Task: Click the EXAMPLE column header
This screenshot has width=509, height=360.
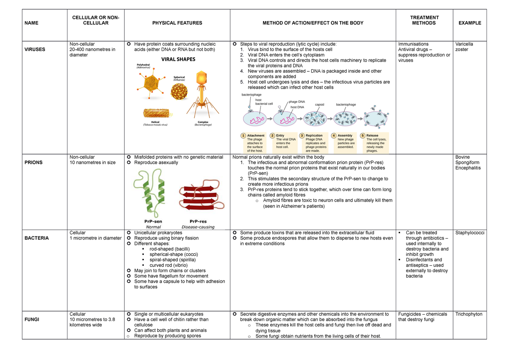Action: [470, 23]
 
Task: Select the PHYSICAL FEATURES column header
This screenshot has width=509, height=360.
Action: [177, 23]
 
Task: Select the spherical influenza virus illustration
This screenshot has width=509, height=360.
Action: [179, 91]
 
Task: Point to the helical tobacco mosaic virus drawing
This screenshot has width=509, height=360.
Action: [157, 113]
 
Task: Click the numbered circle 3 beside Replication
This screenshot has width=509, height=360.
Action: [302, 135]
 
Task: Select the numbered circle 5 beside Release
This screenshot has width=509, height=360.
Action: [363, 135]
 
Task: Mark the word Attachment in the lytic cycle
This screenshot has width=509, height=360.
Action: [256, 135]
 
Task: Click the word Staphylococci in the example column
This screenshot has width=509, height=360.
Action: [470, 233]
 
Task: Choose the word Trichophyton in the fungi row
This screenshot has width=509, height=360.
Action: [469, 314]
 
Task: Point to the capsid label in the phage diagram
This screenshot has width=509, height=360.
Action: [319, 104]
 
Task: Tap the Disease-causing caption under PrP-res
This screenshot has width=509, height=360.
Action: [198, 227]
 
